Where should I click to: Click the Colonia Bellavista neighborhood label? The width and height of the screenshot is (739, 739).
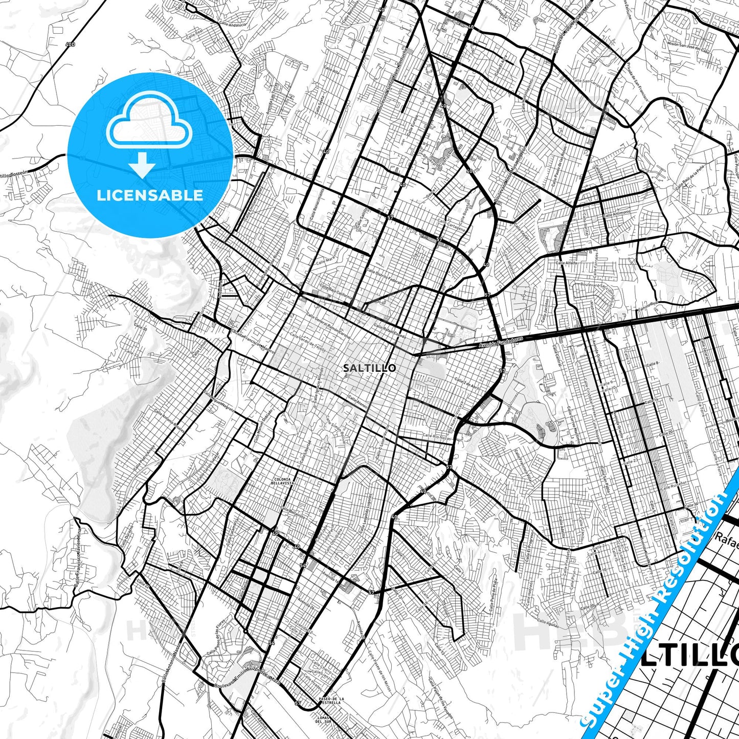coord(282,481)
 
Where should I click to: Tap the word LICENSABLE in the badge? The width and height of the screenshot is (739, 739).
coord(150,195)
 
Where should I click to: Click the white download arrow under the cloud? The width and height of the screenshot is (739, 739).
coord(142,165)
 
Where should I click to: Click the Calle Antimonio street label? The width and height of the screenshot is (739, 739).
coord(616,213)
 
